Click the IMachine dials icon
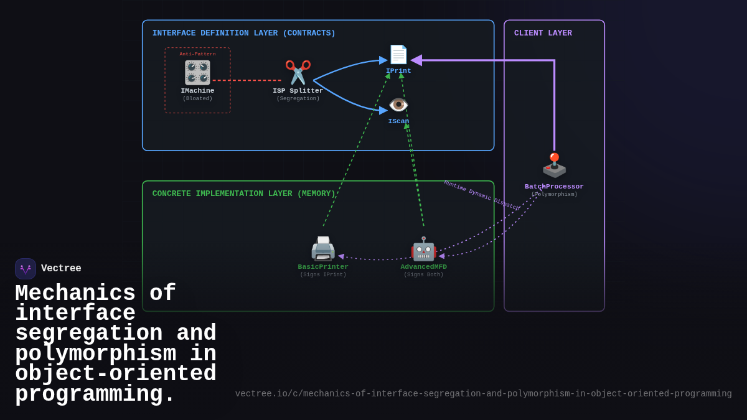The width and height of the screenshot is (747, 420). [x=197, y=73]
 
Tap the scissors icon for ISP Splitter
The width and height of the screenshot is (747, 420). [x=298, y=72]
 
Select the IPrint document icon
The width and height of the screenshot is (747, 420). [x=398, y=55]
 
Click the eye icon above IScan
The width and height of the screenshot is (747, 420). [x=398, y=105]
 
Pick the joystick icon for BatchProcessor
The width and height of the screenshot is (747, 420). [x=554, y=166]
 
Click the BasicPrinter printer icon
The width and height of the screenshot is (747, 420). [x=323, y=248]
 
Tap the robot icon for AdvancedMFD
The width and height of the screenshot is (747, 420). [x=423, y=249]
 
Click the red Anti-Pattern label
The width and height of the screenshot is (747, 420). [x=197, y=54]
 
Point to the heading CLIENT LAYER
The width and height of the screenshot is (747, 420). [x=543, y=34]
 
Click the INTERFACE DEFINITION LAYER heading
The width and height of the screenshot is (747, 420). [x=243, y=34]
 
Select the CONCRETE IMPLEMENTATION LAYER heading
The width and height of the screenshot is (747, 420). [x=243, y=194]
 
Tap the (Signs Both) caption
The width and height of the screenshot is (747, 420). [x=423, y=275]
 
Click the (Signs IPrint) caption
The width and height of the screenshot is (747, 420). [x=323, y=275]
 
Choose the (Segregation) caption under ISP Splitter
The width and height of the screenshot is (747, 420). [x=298, y=99]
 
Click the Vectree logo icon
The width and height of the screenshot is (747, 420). [x=26, y=269]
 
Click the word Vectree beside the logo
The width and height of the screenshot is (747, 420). [x=61, y=269]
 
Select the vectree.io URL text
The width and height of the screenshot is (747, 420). [x=483, y=394]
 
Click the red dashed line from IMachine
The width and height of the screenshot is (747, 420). [x=247, y=80]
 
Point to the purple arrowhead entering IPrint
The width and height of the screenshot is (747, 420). [x=416, y=60]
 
